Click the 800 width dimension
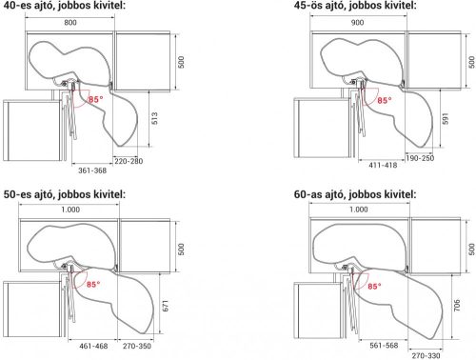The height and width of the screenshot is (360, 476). [x=70, y=23]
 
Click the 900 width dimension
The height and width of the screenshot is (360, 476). [x=357, y=23]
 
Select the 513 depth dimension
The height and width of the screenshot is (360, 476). [x=155, y=118]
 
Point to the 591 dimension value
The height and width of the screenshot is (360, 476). [x=446, y=119]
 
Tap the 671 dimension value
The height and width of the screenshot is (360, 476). [x=166, y=306]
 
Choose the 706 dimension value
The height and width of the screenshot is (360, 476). [x=457, y=305]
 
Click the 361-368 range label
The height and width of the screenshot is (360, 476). [x=92, y=170]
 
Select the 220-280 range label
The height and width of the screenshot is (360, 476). [x=129, y=161]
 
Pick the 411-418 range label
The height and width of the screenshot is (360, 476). [x=383, y=165]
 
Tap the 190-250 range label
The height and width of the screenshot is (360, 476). [x=420, y=158]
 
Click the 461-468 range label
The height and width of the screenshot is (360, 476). [x=93, y=346]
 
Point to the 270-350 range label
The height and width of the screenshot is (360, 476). [x=137, y=346]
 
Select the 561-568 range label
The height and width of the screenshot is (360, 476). [x=384, y=345]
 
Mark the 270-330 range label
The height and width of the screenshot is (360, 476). [x=426, y=355]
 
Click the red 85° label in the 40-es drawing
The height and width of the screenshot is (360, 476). [x=96, y=99]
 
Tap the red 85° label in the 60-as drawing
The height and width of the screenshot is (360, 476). [x=375, y=287]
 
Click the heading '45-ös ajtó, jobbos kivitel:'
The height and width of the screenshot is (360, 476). [x=355, y=6]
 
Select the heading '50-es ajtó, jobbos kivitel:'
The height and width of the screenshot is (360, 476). [x=65, y=194]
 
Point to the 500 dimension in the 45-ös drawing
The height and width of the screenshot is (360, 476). [x=472, y=62]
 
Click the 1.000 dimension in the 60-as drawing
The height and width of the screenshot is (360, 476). [x=359, y=210]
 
